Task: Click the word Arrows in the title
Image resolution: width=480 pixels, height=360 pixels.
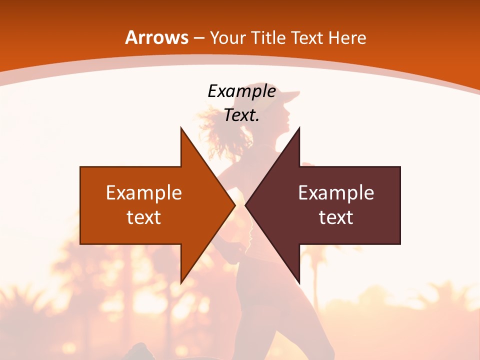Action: click(x=156, y=37)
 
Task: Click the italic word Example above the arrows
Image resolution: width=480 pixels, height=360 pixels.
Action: click(x=241, y=91)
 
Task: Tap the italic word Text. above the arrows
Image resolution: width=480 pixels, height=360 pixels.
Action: click(x=241, y=115)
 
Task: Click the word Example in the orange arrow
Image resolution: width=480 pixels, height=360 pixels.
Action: click(x=144, y=193)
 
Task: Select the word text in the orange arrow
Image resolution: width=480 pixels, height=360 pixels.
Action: click(x=144, y=217)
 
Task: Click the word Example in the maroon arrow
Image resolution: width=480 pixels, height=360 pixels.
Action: click(x=336, y=193)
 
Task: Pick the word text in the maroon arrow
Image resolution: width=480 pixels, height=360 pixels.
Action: click(x=336, y=217)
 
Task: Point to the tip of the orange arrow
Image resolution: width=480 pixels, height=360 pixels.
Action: click(x=234, y=205)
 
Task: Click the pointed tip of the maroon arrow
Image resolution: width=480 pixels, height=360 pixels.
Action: click(x=245, y=205)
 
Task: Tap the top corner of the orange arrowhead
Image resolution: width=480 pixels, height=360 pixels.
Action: click(x=181, y=128)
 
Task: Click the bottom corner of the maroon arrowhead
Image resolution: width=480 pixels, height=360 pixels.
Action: click(x=299, y=282)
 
